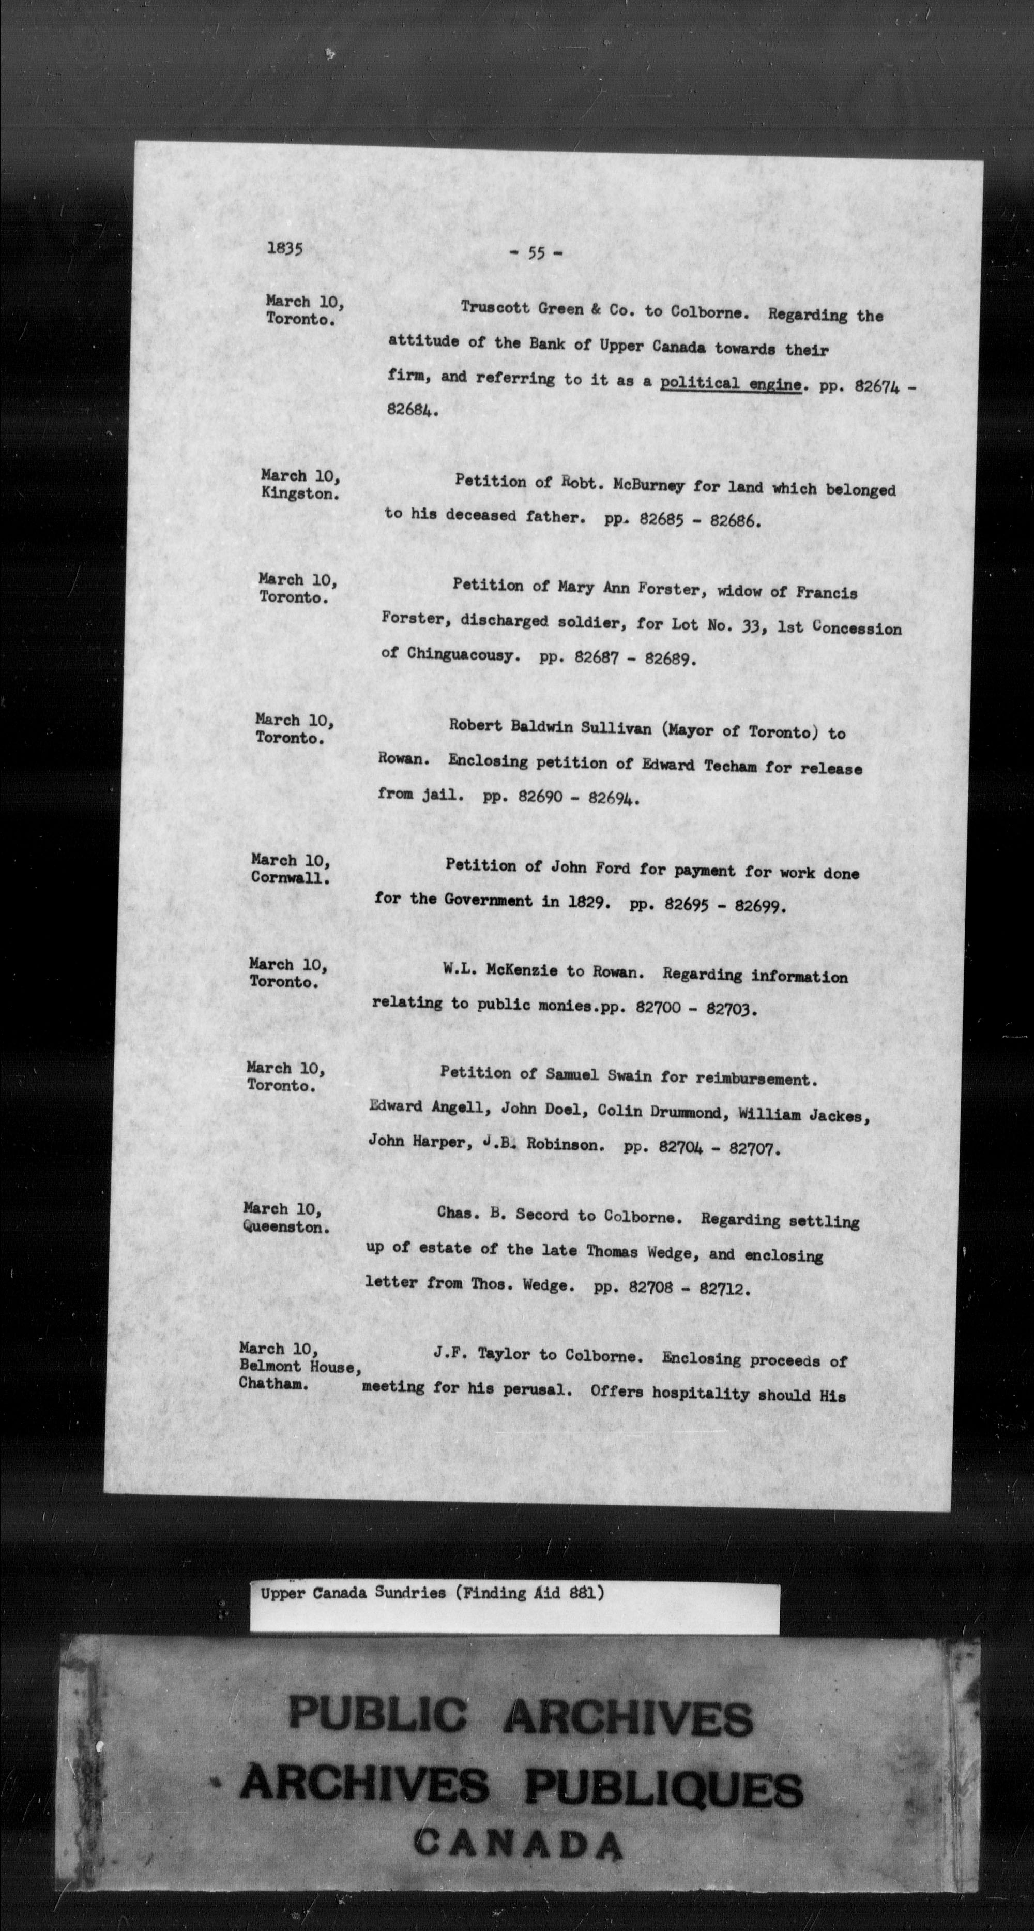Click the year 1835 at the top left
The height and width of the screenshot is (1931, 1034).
(x=285, y=249)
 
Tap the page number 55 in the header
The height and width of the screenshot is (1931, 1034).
(x=536, y=253)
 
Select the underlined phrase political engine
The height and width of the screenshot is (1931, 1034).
(x=731, y=384)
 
